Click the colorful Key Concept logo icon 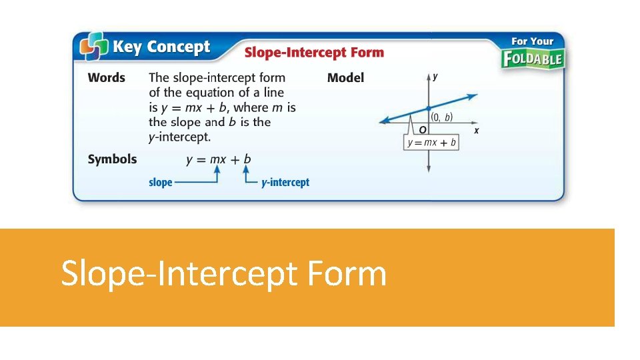94,47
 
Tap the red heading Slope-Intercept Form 314,52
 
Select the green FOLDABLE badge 533,59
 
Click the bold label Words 107,78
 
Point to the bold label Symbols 112,159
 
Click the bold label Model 345,78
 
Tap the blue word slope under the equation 160,182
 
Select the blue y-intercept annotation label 285,182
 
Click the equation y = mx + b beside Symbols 219,159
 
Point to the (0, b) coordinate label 441,117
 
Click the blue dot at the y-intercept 428,107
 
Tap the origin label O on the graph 423,129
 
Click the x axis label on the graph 476,131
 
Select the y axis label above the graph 435,77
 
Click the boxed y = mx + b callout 431,142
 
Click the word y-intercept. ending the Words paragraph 179,137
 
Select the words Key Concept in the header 161,47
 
